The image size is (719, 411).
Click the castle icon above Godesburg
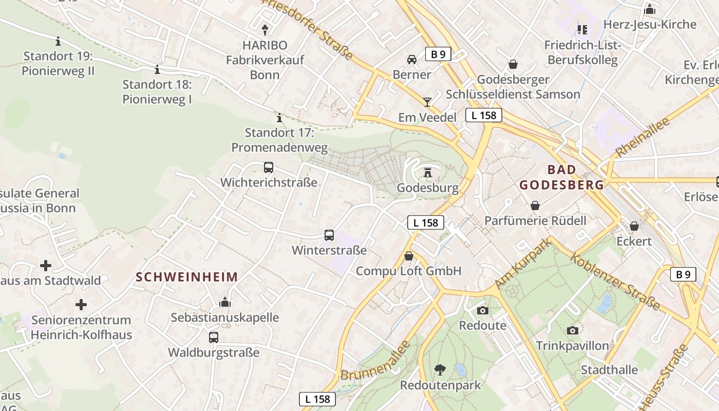coord(428,173)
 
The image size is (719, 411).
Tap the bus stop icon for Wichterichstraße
coord(269,167)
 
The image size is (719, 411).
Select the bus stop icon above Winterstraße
coord(329,235)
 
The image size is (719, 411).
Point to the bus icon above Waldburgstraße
coord(214,338)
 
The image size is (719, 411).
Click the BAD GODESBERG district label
coord(561,177)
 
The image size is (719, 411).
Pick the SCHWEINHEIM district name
coord(187,277)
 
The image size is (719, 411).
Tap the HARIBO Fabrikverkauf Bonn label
coord(265,60)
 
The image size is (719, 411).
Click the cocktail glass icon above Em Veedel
coord(427,102)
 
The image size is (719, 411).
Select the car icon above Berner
coord(412,60)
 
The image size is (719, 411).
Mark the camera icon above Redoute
coord(482,310)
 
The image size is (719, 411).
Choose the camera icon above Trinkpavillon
coord(573,330)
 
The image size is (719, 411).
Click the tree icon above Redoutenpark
coord(440,369)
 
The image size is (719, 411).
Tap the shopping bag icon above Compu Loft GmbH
coord(409,256)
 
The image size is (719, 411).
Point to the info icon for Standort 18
coord(157,69)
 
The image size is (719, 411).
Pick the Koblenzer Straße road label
coord(615,282)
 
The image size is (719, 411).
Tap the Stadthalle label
coord(609,370)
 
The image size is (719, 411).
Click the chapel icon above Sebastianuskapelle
coord(225,302)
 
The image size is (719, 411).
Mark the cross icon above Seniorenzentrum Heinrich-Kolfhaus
coord(81,305)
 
